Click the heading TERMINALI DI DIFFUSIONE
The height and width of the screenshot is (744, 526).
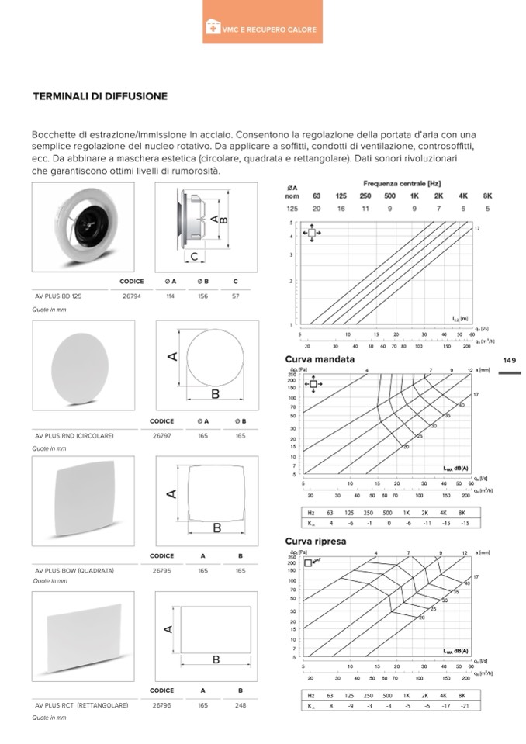point(100,97)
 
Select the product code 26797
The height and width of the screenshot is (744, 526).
point(161,436)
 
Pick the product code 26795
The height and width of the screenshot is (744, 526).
point(161,570)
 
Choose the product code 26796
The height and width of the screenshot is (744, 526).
point(161,705)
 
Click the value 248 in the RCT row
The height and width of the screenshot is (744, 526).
point(241,705)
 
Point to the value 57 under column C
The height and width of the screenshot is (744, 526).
point(235,296)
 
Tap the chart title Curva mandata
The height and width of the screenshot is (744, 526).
point(320,360)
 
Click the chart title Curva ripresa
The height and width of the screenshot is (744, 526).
point(316,542)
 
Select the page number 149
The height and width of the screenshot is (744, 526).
point(510,360)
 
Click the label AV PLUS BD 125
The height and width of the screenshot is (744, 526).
point(59,296)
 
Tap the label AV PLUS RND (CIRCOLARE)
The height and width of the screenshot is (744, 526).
point(74,436)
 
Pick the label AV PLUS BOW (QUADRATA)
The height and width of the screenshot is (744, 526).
point(74,570)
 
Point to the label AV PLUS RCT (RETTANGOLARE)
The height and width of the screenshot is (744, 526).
point(81,705)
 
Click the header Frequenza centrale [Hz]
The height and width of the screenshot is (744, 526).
point(402,183)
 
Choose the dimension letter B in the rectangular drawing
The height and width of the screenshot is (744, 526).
point(216,659)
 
